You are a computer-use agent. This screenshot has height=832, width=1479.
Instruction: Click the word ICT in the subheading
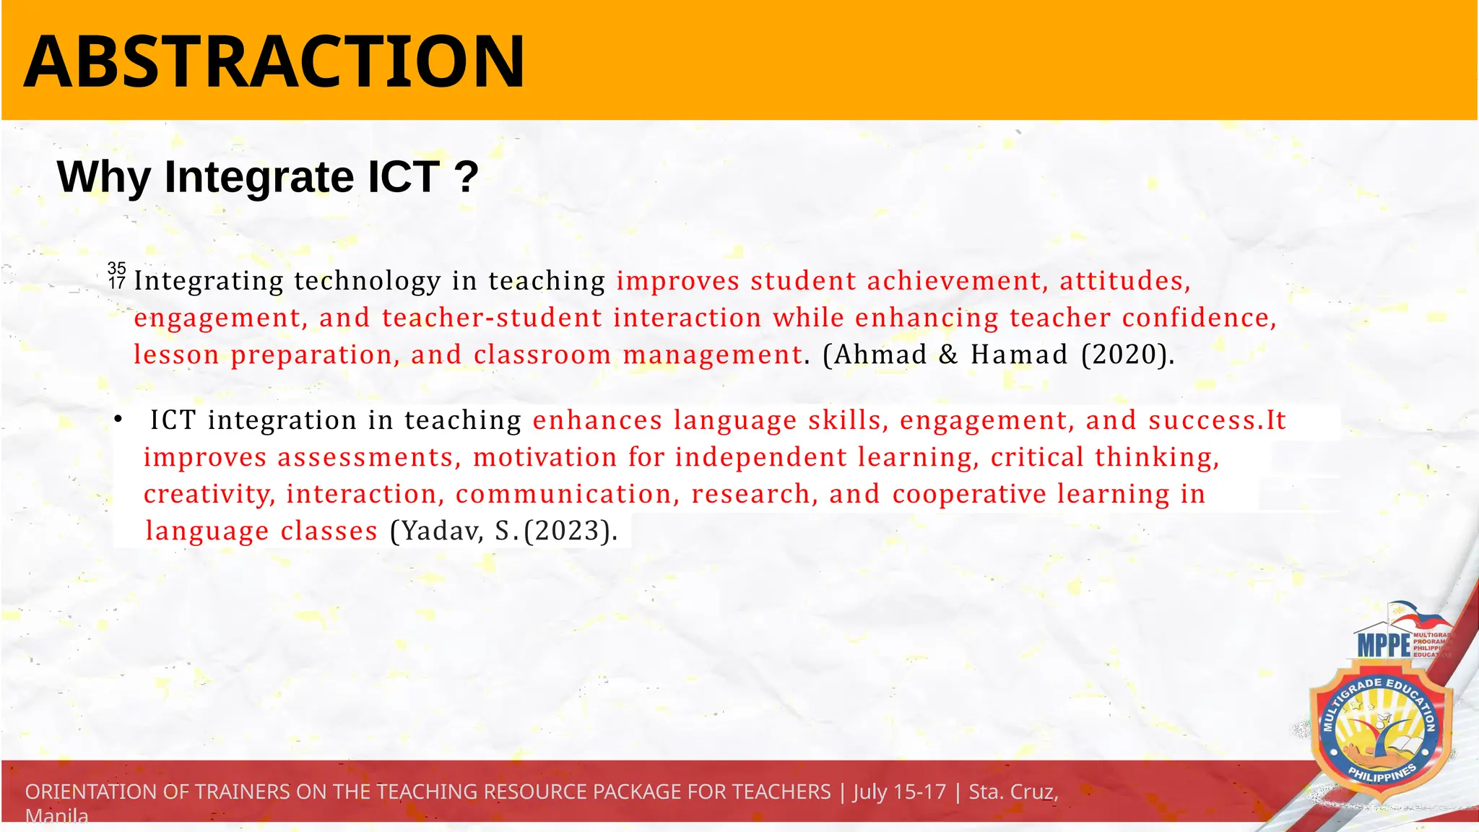click(x=404, y=177)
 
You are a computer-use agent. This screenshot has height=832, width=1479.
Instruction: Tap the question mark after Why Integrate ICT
click(x=467, y=177)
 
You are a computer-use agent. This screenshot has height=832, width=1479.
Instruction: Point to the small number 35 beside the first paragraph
click(x=117, y=269)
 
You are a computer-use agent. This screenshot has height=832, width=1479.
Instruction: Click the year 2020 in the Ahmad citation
click(x=1126, y=355)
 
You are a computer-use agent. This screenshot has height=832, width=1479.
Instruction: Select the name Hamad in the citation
click(x=1019, y=355)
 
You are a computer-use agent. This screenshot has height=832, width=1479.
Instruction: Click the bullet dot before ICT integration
click(x=118, y=420)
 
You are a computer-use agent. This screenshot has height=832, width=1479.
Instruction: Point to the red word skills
click(x=849, y=420)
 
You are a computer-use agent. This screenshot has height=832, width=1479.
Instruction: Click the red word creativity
click(x=209, y=494)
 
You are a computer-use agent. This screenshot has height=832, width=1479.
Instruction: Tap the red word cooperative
click(x=969, y=494)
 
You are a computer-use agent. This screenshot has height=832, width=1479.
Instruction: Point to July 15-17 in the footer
click(x=899, y=792)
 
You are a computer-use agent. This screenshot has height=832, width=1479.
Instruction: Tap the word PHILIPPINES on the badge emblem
click(x=1382, y=775)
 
